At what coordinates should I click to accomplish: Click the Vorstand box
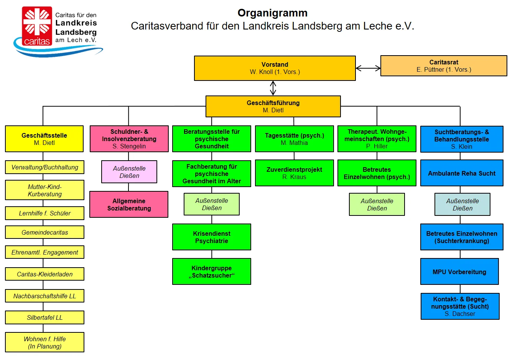[275, 68]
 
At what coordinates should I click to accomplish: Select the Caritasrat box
[444, 66]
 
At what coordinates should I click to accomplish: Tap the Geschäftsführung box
[273, 106]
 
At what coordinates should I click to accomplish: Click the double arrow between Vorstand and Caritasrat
[368, 68]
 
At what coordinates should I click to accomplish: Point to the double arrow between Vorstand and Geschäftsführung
[273, 88]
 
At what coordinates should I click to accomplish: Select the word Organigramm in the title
[272, 13]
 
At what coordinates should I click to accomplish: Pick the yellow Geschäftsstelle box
[44, 139]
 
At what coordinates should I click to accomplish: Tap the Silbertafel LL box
[44, 317]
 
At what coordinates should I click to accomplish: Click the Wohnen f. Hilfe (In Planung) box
[44, 342]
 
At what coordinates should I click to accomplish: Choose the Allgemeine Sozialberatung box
[129, 204]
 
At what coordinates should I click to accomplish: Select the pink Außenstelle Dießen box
[129, 172]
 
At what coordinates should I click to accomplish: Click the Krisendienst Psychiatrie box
[212, 237]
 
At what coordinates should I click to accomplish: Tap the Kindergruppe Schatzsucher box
[212, 271]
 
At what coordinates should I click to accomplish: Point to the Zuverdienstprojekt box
[294, 173]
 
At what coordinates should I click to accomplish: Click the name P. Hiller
[377, 146]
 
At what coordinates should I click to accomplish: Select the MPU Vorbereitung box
[459, 272]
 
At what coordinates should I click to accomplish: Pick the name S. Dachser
[460, 314]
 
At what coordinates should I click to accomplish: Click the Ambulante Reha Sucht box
[462, 173]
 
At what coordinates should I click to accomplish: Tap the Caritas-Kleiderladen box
[44, 274]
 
